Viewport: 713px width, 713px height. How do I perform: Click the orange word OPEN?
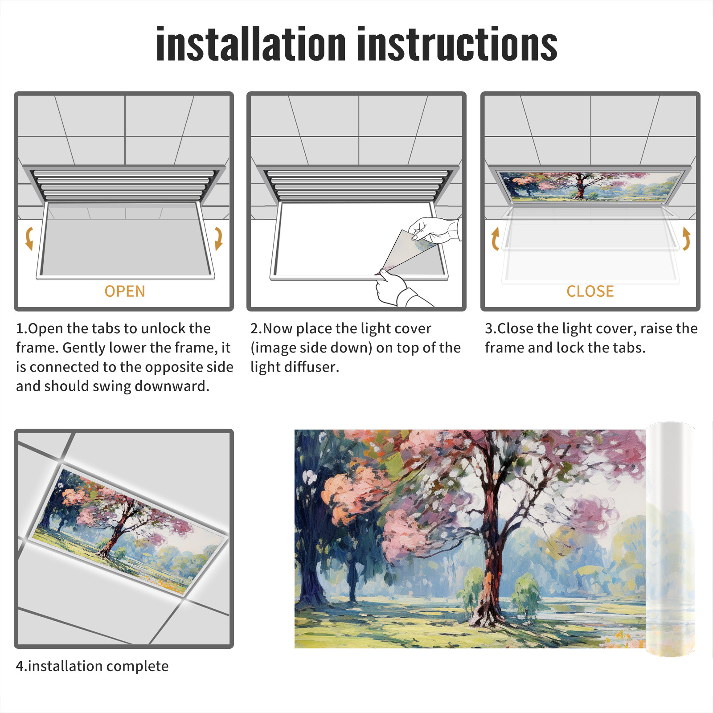pyautogui.click(x=125, y=291)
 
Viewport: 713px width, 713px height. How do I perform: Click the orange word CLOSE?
pyautogui.click(x=590, y=291)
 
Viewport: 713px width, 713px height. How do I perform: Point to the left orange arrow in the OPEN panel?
pyautogui.click(x=29, y=238)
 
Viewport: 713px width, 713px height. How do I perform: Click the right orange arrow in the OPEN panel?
pyautogui.click(x=219, y=238)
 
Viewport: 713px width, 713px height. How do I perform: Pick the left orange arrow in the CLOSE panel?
pyautogui.click(x=494, y=238)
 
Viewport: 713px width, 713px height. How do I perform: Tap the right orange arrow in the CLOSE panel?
pyautogui.click(x=687, y=238)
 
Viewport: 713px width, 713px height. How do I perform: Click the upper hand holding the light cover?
pyautogui.click(x=434, y=229)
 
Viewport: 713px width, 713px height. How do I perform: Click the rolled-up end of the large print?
pyautogui.click(x=670, y=539)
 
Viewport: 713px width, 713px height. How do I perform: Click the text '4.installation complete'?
pyautogui.click(x=92, y=666)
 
